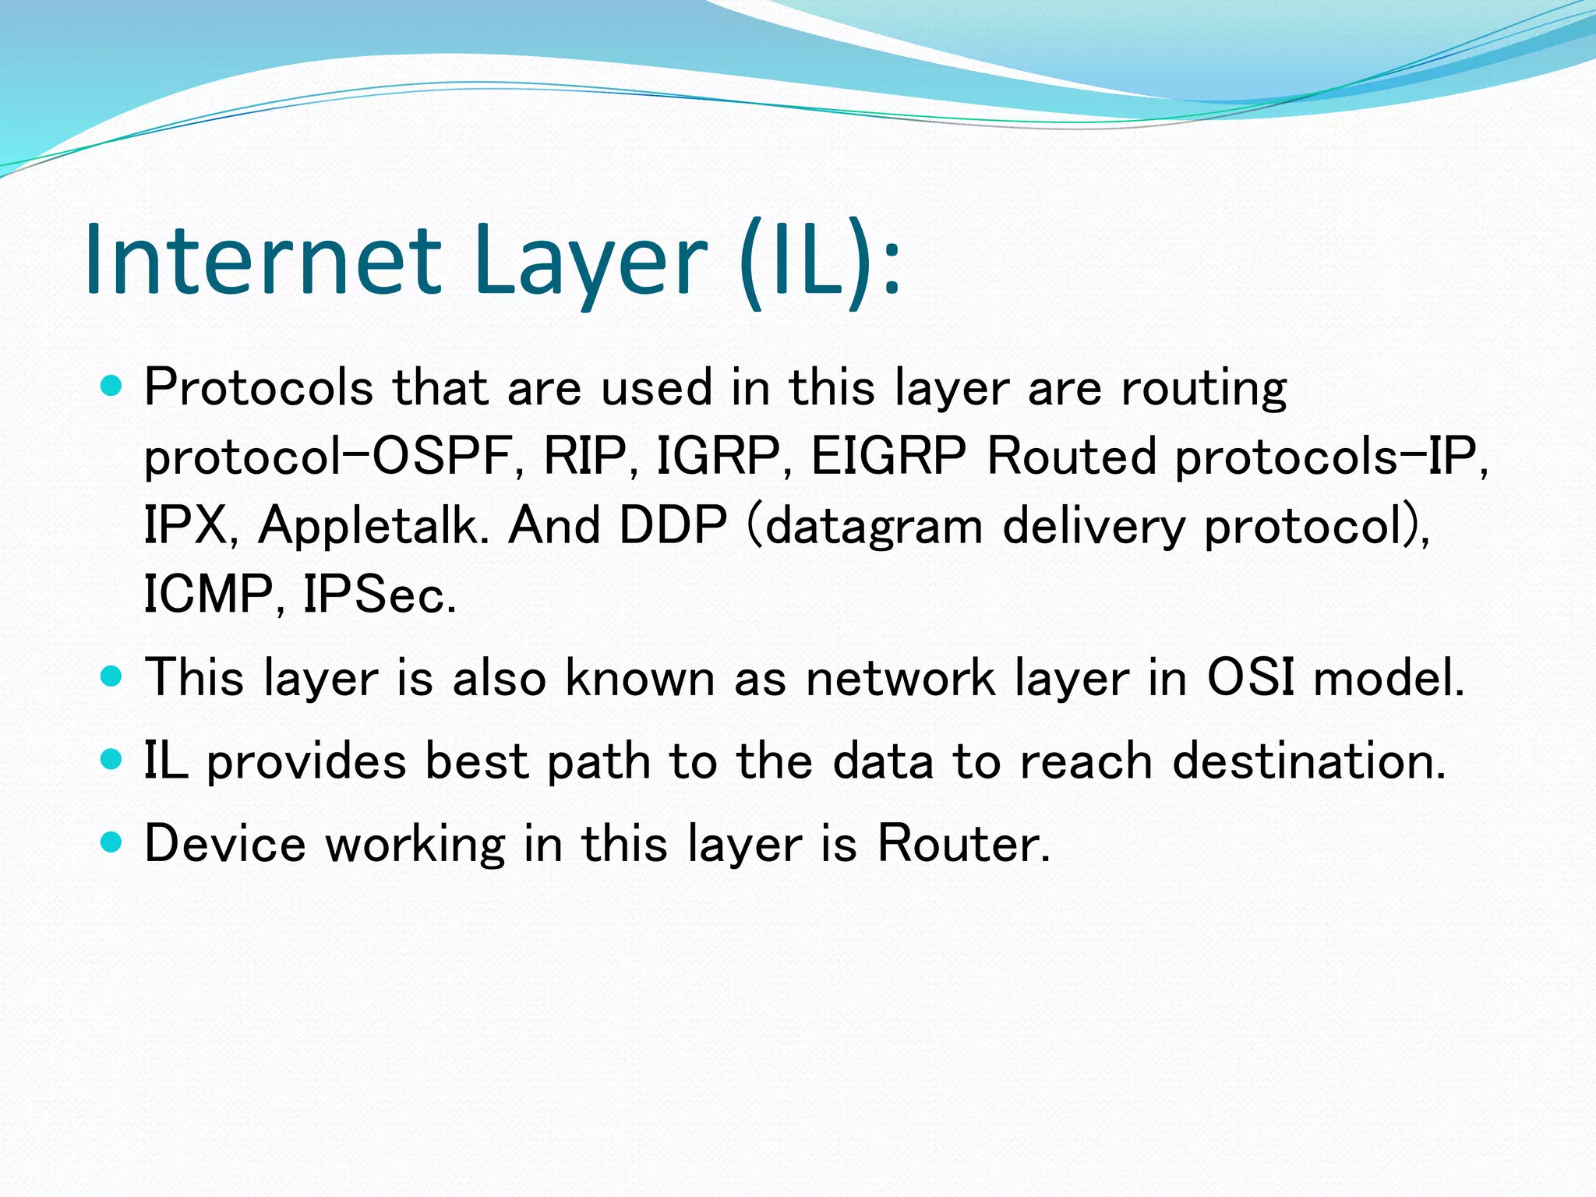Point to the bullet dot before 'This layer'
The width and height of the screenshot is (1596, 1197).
pos(112,676)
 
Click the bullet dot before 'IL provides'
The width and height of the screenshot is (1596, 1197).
pos(112,760)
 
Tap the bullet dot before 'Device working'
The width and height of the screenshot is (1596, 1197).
pos(112,842)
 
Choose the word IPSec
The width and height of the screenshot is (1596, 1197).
pos(379,595)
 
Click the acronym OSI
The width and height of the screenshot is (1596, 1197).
pos(1251,676)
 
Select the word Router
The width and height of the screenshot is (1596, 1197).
pos(963,843)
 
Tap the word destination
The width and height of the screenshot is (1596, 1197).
pos(1309,760)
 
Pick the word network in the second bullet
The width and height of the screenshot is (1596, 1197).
pos(900,676)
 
